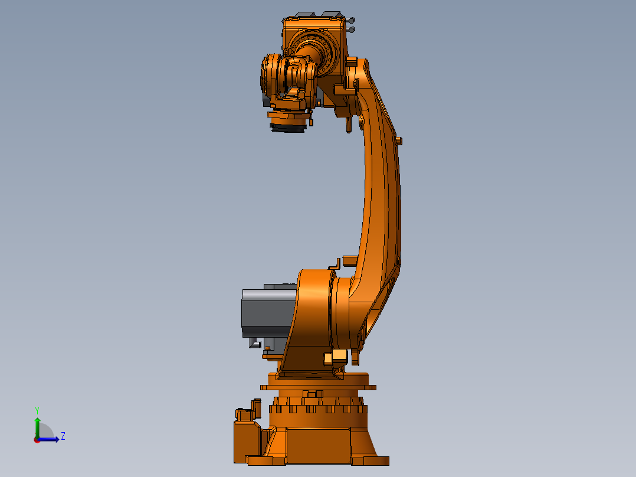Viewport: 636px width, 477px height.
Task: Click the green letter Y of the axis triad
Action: click(x=37, y=411)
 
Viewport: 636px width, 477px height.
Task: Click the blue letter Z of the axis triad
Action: click(x=63, y=436)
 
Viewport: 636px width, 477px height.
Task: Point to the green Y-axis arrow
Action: click(x=37, y=427)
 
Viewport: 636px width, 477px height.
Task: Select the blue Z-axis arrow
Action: click(x=48, y=439)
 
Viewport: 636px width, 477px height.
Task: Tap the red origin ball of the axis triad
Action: click(x=37, y=440)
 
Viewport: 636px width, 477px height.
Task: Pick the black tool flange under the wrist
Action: click(x=287, y=128)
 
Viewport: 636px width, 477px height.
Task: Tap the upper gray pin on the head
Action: click(x=351, y=20)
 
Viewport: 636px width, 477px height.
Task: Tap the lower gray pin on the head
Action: click(x=351, y=30)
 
